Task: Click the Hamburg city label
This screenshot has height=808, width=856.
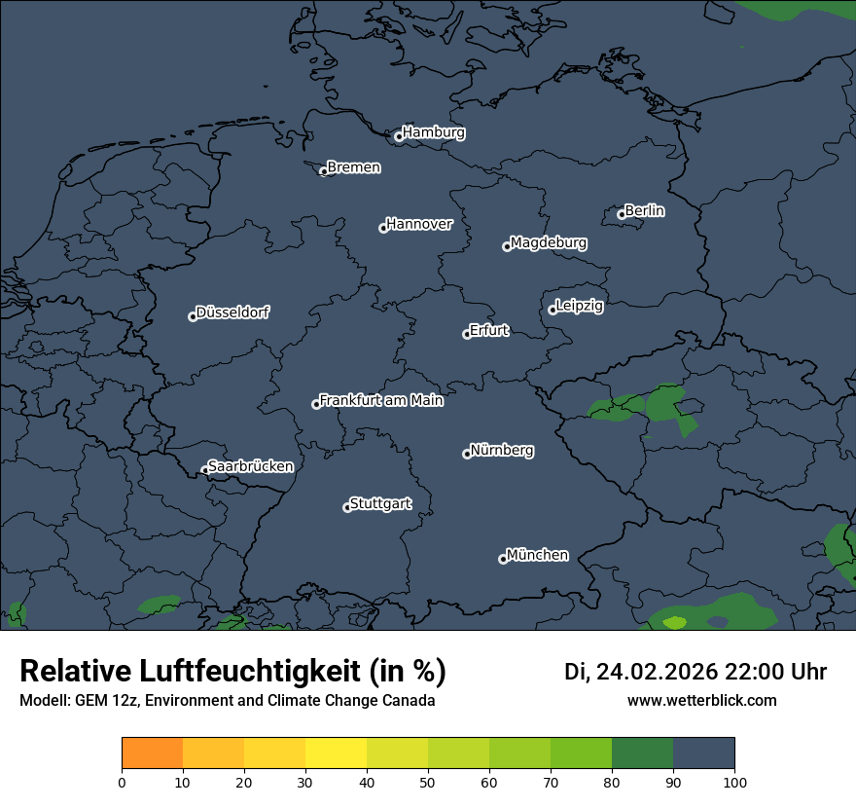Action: point(433,132)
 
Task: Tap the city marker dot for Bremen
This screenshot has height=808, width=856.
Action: point(324,171)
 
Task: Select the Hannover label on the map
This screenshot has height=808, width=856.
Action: point(419,224)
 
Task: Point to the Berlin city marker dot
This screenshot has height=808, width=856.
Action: point(622,214)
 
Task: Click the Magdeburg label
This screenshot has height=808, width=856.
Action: point(549,242)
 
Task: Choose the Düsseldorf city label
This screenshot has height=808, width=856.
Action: point(232,312)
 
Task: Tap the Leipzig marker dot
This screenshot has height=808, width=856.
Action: point(553,310)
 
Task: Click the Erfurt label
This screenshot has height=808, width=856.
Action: point(489,330)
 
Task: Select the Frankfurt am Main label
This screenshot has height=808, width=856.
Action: point(381,400)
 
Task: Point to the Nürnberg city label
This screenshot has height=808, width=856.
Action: point(502,451)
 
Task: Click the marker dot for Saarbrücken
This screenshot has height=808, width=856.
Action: point(205,470)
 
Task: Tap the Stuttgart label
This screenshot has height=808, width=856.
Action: point(380,504)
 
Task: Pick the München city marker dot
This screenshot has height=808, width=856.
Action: point(503,559)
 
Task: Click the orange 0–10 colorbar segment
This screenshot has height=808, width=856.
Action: point(152,753)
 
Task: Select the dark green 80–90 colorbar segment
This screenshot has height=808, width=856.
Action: point(642,753)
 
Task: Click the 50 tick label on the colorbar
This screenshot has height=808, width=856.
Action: point(428,782)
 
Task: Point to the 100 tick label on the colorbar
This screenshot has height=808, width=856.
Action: point(734,782)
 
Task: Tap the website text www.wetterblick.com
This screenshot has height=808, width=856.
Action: point(701,701)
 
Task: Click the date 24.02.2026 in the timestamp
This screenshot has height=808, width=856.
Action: point(657,672)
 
